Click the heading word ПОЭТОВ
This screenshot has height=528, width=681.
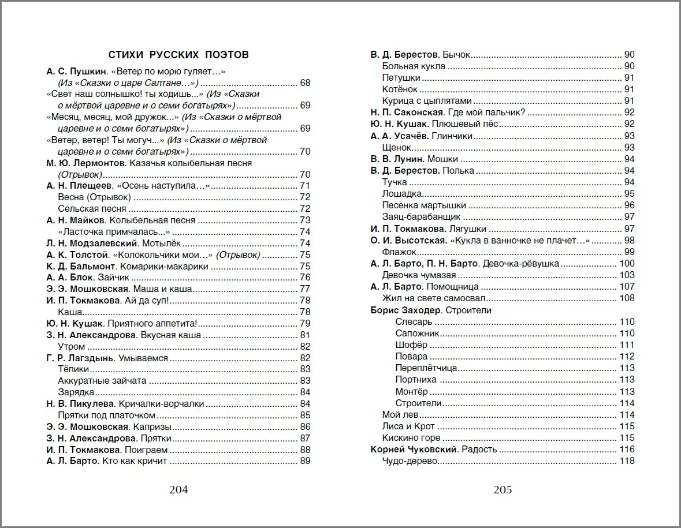click(227, 55)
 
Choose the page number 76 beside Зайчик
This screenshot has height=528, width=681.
click(305, 278)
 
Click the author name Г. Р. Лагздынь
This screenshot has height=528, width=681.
click(81, 358)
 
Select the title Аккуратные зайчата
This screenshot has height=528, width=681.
click(102, 381)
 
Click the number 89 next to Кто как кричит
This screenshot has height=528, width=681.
click(305, 461)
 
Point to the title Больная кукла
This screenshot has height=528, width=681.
click(414, 66)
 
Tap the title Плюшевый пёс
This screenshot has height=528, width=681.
click(472, 124)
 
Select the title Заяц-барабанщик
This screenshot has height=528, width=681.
click(421, 218)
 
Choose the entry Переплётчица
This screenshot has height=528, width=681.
click(426, 368)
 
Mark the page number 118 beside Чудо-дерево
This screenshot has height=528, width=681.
click(627, 461)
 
